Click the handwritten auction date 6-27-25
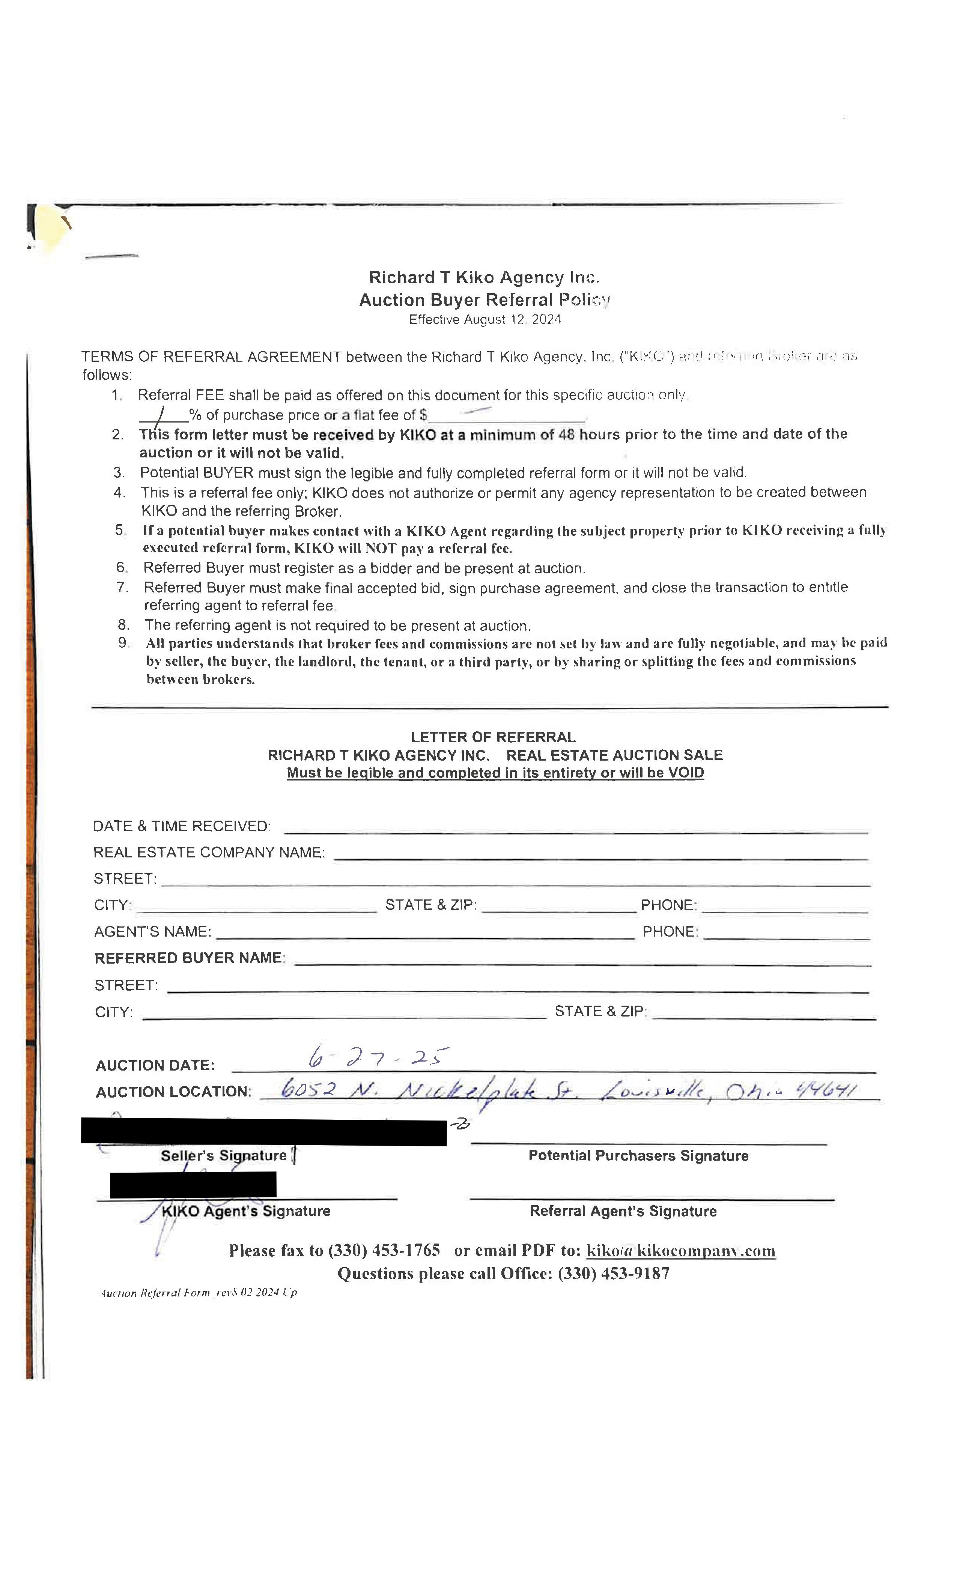pos(378,1057)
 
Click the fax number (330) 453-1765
pos(384,1250)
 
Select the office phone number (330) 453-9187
pos(614,1274)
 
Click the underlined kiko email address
pos(681,1250)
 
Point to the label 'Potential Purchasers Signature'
pos(638,1156)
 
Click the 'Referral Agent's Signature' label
pos(623,1211)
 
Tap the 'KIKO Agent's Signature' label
pos(246,1211)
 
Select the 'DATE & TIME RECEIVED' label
pos(181,826)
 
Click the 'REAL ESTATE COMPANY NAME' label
pos(209,852)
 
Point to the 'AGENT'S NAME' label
pos(152,931)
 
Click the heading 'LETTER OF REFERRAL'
pos(493,737)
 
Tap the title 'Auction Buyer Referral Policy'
pos(484,299)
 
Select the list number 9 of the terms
pos(123,643)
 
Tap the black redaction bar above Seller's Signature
pos(263,1132)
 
